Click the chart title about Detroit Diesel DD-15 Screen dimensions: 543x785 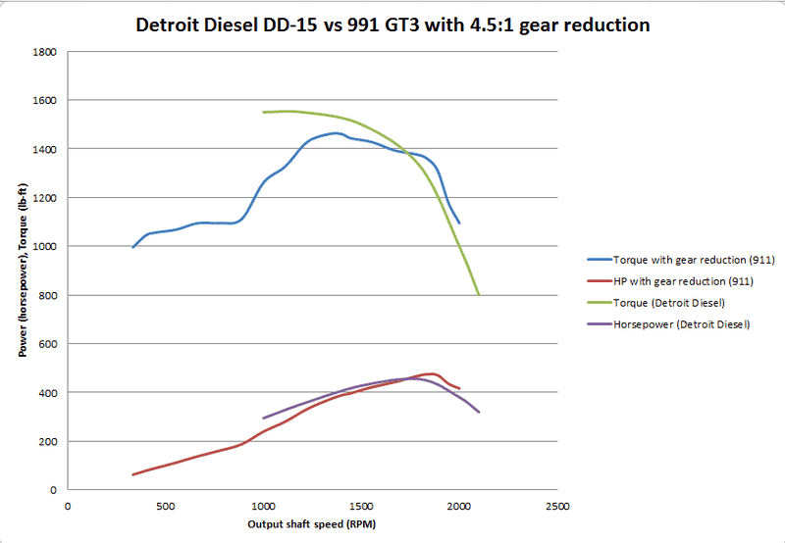392,25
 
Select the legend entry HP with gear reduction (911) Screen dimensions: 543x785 687,281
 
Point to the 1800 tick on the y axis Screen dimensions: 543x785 44,52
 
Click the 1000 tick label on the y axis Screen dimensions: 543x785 44,247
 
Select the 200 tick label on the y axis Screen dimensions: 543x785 47,442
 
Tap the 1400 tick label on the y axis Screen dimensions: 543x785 44,149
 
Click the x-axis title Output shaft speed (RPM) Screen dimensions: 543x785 312,524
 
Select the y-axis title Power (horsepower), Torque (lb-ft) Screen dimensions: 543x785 22,271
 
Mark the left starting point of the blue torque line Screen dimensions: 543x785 132,247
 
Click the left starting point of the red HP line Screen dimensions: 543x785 132,474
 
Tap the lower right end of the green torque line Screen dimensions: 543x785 478,294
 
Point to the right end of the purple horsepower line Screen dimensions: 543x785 479,412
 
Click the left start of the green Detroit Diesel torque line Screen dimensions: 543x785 263,113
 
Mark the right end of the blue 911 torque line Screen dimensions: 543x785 459,223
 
